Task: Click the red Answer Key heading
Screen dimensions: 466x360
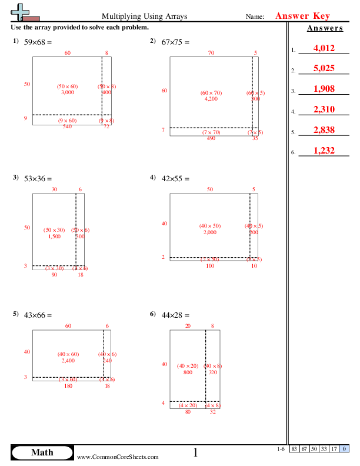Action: pyautogui.click(x=303, y=16)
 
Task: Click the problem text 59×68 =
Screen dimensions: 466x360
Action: pyautogui.click(x=38, y=42)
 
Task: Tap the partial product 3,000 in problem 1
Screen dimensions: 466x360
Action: pyautogui.click(x=67, y=92)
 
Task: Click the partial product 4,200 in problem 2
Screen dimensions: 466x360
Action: pyautogui.click(x=211, y=99)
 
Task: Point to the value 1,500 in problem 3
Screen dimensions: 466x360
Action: pyautogui.click(x=54, y=236)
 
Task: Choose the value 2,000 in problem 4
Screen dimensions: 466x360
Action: pyautogui.click(x=211, y=232)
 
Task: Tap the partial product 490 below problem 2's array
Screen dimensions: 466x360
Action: pyautogui.click(x=211, y=138)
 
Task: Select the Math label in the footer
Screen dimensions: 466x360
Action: pyautogui.click(x=42, y=452)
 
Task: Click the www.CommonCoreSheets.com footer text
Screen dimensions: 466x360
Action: pyautogui.click(x=118, y=457)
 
